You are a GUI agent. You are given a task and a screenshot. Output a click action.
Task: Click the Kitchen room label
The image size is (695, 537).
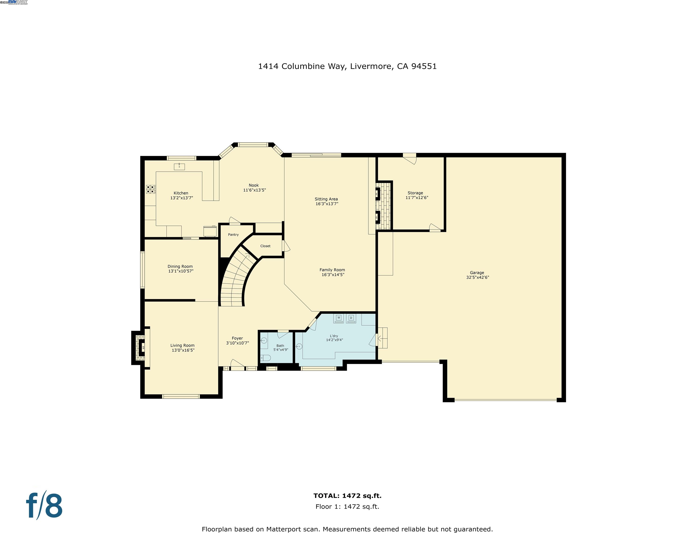tap(181, 193)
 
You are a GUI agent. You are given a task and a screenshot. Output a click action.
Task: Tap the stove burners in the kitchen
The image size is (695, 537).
tap(151, 189)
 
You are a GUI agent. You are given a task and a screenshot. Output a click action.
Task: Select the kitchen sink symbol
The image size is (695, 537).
tap(179, 166)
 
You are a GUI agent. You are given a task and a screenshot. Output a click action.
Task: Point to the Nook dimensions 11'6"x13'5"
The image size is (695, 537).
tap(254, 190)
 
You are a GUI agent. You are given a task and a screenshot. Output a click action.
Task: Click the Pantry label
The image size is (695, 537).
tap(233, 235)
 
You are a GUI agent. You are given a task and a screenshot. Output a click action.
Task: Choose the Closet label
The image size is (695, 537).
tap(265, 246)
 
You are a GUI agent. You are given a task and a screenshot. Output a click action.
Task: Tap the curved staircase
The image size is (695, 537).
tap(235, 280)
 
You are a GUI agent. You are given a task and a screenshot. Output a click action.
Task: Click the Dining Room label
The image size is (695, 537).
tap(180, 267)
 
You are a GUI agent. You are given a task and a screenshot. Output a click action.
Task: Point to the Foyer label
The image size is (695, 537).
tap(237, 338)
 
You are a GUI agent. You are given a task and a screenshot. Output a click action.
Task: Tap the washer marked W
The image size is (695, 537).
tap(339, 318)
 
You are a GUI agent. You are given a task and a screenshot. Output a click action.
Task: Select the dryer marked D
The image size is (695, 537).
tap(351, 318)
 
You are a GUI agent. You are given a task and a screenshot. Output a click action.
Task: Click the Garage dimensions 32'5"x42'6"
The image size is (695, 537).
tap(477, 277)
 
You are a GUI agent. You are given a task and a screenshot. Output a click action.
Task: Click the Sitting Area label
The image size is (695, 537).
tap(326, 199)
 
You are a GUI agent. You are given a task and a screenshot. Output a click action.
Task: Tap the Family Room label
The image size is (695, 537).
tap(332, 270)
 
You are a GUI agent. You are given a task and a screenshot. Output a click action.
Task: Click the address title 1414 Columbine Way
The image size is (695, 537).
tap(347, 66)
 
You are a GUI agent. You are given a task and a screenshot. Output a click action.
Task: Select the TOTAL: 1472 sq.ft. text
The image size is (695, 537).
tap(347, 496)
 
